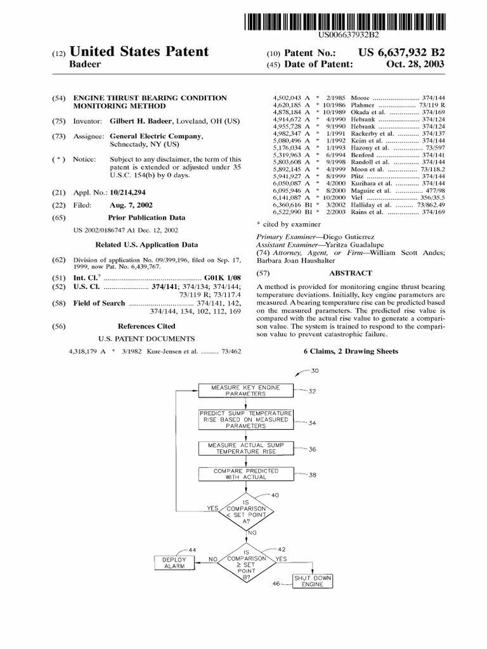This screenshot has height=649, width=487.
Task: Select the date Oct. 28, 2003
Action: [417, 64]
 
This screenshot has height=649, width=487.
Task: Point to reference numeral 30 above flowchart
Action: [315, 371]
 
